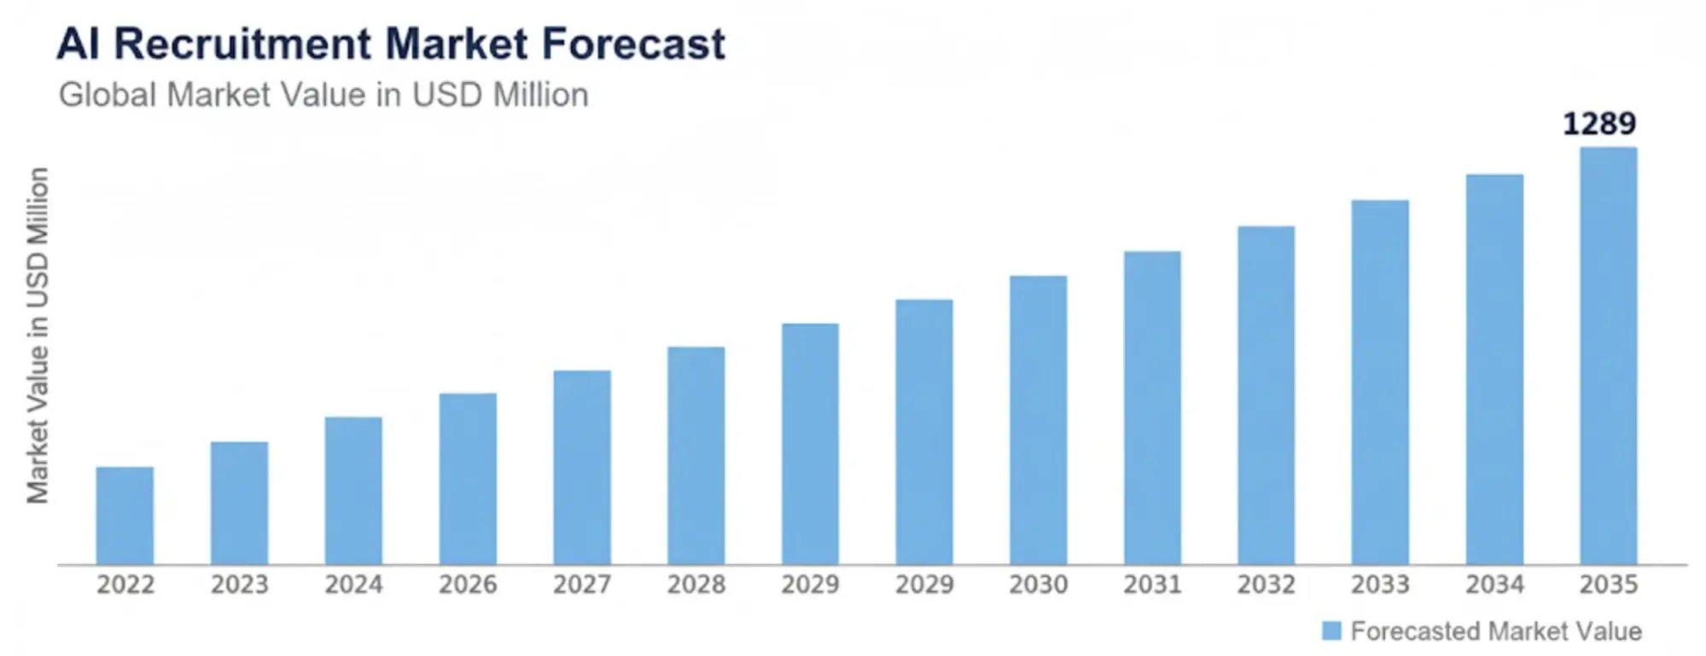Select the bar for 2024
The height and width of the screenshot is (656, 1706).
(353, 490)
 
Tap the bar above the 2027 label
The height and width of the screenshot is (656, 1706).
(582, 467)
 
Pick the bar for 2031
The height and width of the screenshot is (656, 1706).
(1152, 407)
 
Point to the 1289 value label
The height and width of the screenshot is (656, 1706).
(1598, 124)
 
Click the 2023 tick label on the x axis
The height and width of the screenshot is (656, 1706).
(239, 585)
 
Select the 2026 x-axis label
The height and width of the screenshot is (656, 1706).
(468, 585)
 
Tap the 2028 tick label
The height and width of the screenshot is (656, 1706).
(696, 585)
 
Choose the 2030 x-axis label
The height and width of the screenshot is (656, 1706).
(1038, 585)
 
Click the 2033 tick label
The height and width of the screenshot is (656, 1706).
(1380, 585)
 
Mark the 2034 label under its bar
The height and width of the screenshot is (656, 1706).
(1494, 585)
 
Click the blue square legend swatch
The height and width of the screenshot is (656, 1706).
(1331, 631)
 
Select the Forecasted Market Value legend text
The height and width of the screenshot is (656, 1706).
(1495, 631)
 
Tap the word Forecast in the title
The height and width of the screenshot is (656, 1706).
(633, 44)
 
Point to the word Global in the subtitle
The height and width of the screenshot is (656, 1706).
(108, 95)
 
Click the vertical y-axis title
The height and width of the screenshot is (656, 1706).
(38, 336)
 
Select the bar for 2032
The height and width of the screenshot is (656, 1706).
(1266, 395)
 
